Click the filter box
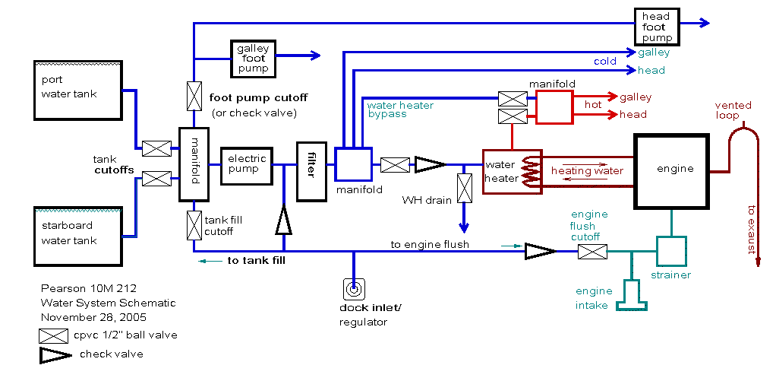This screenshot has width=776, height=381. (311, 171)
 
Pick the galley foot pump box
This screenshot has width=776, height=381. (253, 58)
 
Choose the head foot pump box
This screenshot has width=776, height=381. (657, 27)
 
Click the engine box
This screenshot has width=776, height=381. (671, 170)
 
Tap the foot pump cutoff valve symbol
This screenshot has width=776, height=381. (194, 96)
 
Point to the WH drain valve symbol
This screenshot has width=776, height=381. (463, 188)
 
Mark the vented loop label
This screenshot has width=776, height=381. (733, 110)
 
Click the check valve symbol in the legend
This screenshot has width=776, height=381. (56, 354)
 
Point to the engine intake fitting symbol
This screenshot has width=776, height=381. (632, 294)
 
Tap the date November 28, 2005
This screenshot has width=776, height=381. (93, 316)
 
